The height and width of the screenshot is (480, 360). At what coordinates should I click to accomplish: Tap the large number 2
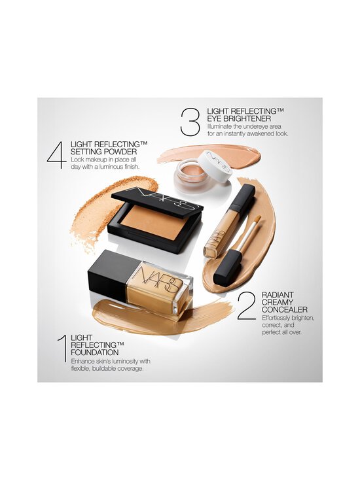point(246,306)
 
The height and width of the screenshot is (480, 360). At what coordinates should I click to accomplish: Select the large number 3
point(190,122)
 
